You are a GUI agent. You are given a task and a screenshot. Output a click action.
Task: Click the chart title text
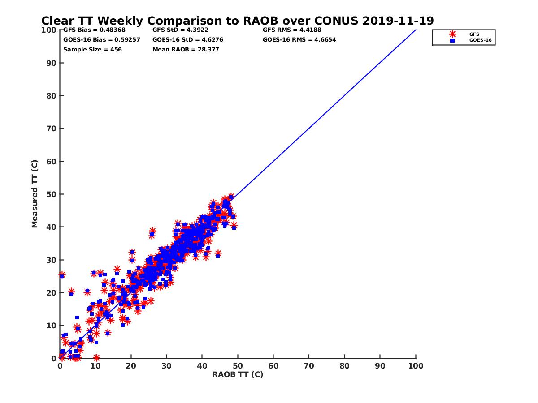237,21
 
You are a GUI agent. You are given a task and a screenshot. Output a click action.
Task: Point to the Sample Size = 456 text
92,49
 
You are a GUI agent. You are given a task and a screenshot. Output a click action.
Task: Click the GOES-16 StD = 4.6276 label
188,39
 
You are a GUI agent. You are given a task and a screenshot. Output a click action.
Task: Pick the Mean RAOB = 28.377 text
186,49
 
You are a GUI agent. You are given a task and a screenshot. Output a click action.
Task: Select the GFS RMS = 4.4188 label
292,30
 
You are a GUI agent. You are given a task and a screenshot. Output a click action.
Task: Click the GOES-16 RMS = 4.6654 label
299,39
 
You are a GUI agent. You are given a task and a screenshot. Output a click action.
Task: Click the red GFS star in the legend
452,34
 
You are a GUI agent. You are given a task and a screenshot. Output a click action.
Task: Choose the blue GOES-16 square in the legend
452,40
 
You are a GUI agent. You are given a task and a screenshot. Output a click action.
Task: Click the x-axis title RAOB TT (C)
238,374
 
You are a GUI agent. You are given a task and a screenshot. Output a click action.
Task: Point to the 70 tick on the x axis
309,366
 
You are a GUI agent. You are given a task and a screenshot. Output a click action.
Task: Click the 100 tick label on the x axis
416,366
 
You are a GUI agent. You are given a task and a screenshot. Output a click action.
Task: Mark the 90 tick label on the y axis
52,63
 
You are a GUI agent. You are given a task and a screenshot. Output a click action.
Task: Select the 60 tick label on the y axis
52,161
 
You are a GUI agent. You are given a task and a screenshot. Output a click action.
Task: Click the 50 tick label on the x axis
238,366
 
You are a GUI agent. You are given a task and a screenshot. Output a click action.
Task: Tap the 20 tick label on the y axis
52,293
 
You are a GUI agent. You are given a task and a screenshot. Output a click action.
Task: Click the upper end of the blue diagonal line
416,30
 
